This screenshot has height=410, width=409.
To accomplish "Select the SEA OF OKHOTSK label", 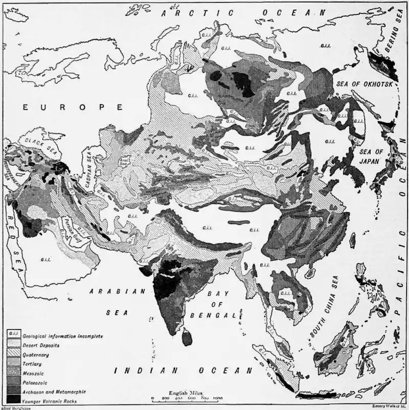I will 364,83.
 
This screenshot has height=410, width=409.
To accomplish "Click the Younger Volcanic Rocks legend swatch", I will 14,401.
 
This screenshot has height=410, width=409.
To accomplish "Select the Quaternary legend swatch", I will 14,354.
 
